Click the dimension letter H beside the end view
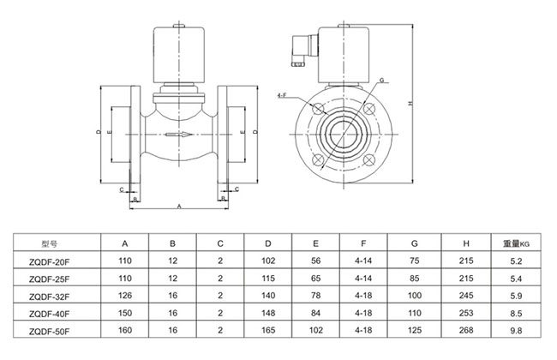coord(411,105)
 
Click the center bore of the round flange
coord(345,134)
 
